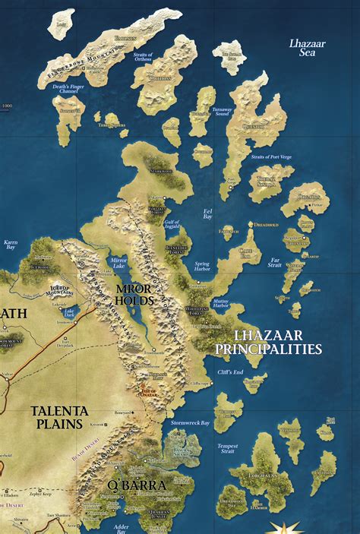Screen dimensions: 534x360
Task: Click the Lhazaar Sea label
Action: (308, 49)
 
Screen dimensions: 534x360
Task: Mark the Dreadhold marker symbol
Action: (251, 224)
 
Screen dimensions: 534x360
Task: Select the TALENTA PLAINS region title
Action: (60, 416)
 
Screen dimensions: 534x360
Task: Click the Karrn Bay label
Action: (11, 245)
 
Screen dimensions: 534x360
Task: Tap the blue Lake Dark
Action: (69, 311)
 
